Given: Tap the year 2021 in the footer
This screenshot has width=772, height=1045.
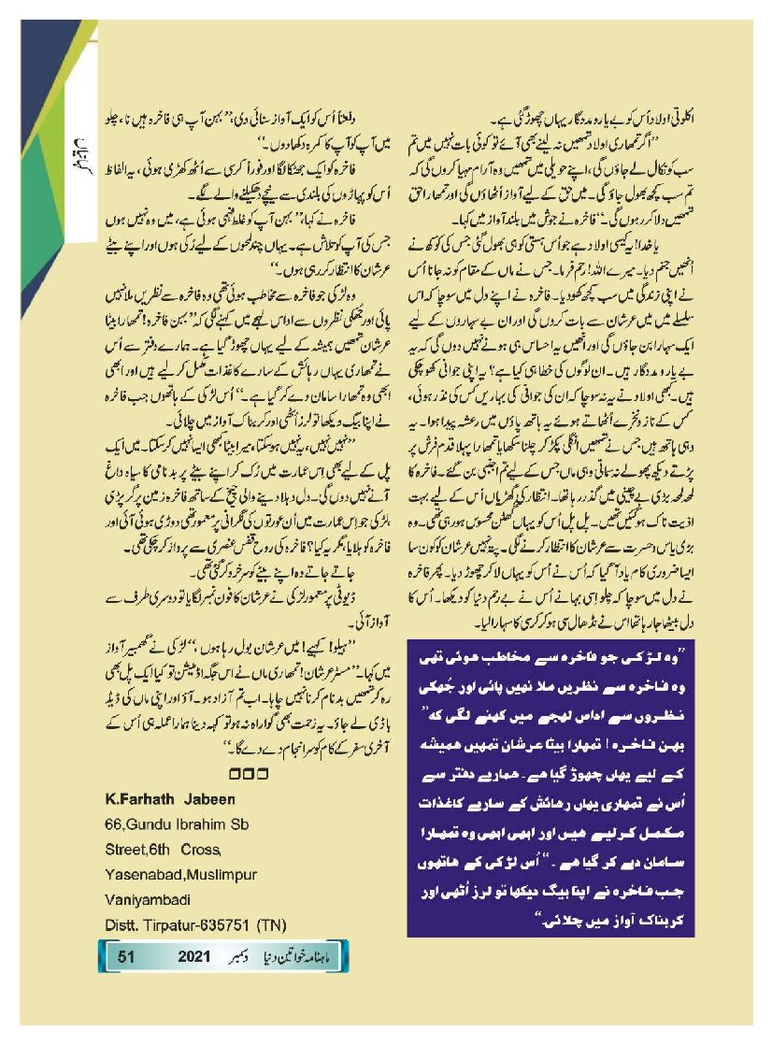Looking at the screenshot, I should pyautogui.click(x=200, y=958).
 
